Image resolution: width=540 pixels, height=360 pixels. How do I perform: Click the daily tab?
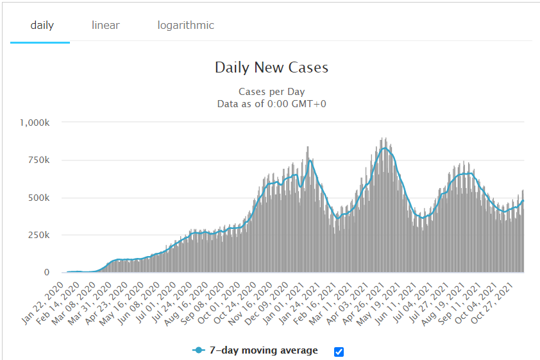(x=42, y=26)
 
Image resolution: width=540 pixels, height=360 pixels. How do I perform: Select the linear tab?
(x=106, y=26)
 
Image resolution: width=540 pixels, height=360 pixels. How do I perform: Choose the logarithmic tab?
(x=186, y=26)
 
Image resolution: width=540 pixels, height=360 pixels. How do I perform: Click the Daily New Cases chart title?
(x=271, y=67)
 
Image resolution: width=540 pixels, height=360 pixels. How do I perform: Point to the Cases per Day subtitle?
(x=271, y=92)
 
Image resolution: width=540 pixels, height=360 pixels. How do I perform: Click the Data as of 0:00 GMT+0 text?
(x=271, y=103)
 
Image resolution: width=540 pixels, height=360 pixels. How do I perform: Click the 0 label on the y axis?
(x=46, y=273)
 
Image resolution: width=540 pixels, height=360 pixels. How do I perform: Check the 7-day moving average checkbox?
(x=339, y=351)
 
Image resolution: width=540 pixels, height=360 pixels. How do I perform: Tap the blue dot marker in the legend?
(x=199, y=350)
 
